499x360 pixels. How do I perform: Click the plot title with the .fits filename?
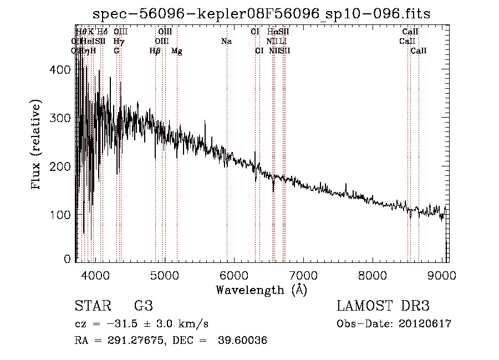(x=261, y=13)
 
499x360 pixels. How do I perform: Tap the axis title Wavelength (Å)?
(x=261, y=290)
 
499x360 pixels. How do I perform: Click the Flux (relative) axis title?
(x=37, y=145)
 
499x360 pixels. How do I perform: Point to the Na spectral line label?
(x=226, y=42)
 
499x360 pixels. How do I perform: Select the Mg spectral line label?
(x=176, y=51)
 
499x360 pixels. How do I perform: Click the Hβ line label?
(x=155, y=51)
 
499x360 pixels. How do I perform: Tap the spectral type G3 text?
(x=144, y=306)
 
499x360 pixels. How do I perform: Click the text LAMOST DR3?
(x=383, y=306)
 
